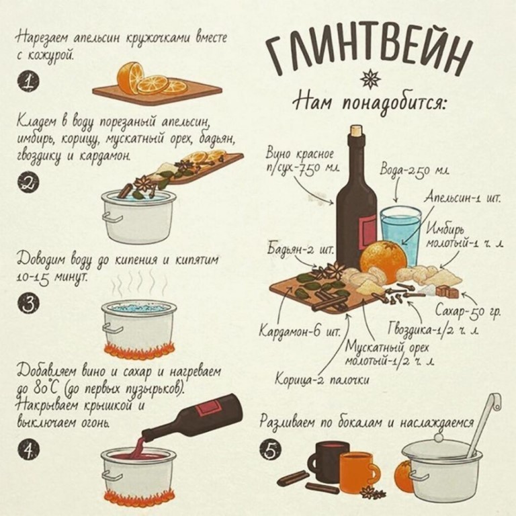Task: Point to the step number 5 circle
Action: pos(271,450)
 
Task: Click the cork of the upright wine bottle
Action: pos(355,130)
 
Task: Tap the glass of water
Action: pos(401,235)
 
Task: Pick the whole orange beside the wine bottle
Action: pos(384,261)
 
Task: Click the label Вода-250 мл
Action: pos(415,171)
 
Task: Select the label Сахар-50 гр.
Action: pos(468,310)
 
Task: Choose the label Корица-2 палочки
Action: pos(322,380)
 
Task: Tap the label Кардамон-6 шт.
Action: pos(300,330)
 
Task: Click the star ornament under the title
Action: pos(370,79)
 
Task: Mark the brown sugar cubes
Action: pos(447,292)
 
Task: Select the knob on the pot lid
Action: pos(438,437)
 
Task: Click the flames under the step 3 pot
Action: pos(139,351)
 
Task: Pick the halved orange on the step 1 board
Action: pos(130,77)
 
